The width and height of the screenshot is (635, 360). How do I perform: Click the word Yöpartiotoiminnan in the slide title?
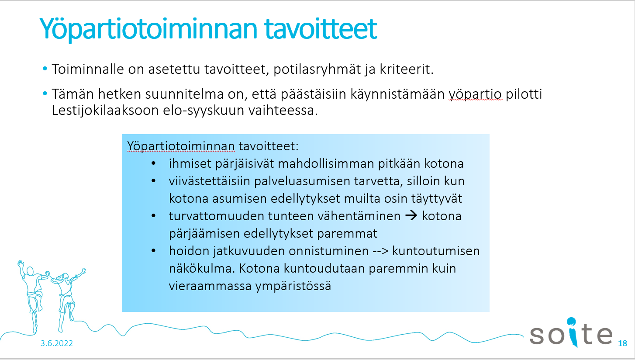click(x=148, y=29)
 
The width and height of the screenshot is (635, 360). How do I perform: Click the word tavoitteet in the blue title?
click(x=320, y=29)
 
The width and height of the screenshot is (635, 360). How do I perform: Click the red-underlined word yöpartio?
click(x=476, y=94)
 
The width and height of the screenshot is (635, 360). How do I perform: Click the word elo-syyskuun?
click(x=204, y=111)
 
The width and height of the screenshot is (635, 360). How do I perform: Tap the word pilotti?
click(x=524, y=94)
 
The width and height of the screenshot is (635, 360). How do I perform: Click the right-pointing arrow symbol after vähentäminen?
click(x=411, y=215)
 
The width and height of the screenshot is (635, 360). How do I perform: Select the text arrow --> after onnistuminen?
click(x=380, y=251)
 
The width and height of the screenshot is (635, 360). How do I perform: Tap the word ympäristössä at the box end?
click(x=293, y=286)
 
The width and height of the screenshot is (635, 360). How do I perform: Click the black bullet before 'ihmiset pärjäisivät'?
click(x=154, y=163)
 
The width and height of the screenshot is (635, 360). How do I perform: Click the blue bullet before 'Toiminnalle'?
click(x=45, y=68)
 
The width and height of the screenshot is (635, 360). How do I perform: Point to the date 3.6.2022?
click(x=57, y=343)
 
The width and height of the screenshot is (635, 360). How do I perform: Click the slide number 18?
click(x=622, y=343)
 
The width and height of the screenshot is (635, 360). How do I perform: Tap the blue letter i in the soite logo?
click(x=573, y=332)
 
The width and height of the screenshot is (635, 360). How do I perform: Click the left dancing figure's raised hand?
click(x=20, y=264)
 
